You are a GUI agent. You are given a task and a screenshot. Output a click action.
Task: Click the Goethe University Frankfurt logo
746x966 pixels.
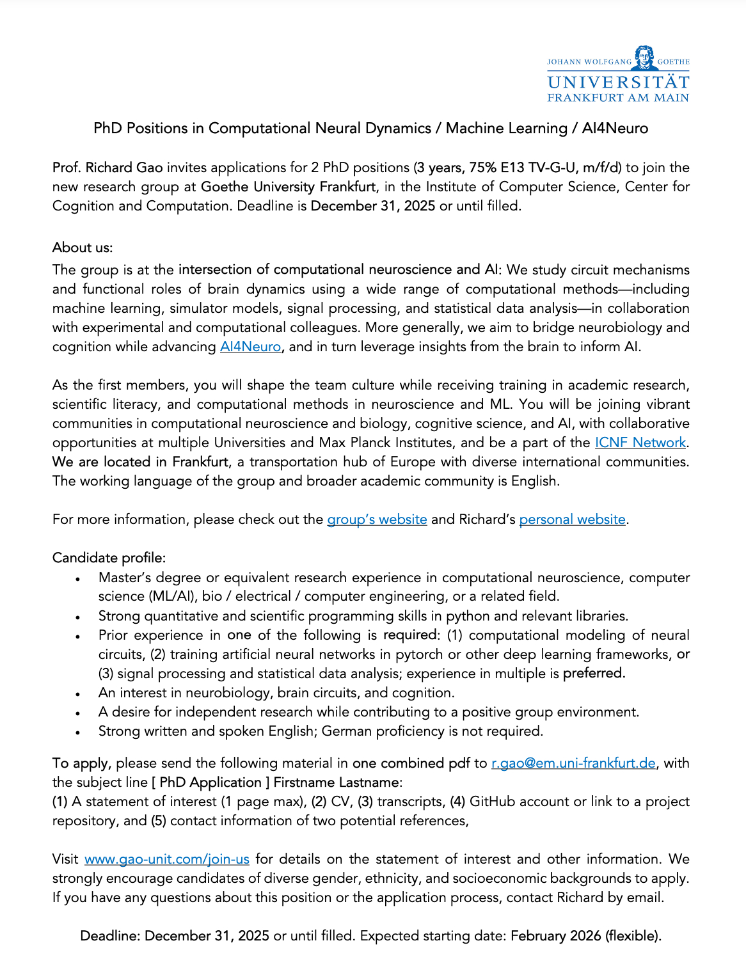point(618,74)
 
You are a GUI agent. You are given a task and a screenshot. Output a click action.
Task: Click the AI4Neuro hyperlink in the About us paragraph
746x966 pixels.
point(250,347)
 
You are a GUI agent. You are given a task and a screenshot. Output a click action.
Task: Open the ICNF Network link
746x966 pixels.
point(640,443)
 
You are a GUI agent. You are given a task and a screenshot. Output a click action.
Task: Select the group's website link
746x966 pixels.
point(377,519)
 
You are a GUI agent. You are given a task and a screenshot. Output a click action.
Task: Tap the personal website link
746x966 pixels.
point(572,519)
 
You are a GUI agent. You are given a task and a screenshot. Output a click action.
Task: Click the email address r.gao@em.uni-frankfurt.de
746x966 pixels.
point(573,763)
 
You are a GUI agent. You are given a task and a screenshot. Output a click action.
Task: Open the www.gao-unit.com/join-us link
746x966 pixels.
point(167,859)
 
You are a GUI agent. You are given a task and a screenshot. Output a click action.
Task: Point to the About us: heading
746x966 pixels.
point(83,248)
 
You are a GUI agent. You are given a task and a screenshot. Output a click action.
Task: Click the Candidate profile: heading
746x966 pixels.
point(109,558)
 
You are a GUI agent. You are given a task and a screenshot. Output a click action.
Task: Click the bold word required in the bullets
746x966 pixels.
point(409,635)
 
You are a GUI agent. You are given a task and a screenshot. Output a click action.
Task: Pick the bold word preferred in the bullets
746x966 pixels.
point(593,674)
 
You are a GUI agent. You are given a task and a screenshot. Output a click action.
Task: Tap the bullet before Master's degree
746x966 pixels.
point(77,578)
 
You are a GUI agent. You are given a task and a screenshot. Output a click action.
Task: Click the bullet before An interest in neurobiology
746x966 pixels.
point(77,693)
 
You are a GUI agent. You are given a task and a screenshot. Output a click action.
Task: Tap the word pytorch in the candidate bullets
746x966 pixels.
point(419,654)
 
